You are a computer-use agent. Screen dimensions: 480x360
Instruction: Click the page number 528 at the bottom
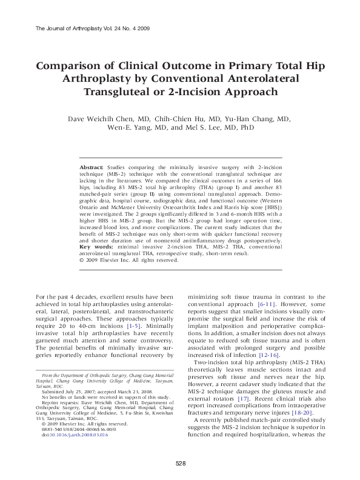[180, 464]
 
